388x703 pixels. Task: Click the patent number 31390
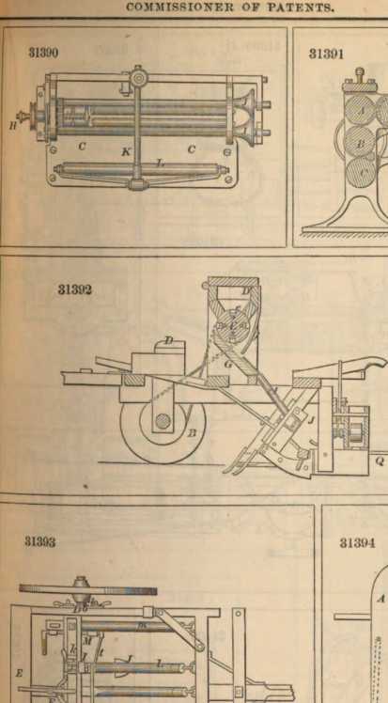tap(43, 53)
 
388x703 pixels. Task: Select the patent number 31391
tap(326, 54)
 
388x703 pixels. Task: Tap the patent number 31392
tap(75, 289)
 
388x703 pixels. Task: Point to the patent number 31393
tap(40, 541)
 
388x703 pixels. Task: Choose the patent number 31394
tap(357, 542)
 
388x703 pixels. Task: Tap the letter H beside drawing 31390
tap(12, 126)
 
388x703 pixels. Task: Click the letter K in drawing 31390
tap(126, 152)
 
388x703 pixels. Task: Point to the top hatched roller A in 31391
tap(361, 110)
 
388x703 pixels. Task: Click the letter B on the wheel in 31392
tap(193, 433)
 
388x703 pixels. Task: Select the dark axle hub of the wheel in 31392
tap(163, 421)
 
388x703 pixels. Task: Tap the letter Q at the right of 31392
tap(380, 461)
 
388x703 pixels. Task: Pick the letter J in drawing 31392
tap(310, 420)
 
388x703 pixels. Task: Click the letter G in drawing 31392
tap(227, 365)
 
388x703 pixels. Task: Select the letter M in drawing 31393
tap(87, 642)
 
